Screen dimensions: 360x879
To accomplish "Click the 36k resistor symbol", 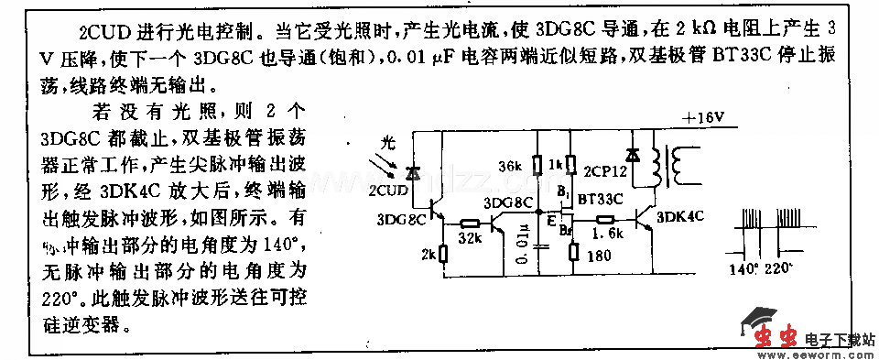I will [537, 167].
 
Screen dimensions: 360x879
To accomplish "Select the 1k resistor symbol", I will [570, 166].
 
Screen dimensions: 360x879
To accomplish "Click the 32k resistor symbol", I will [472, 223].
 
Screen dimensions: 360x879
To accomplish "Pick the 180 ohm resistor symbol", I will [570, 249].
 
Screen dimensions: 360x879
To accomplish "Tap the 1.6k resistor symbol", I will [604, 220].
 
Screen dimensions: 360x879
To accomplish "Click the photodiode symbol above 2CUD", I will [413, 172].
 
